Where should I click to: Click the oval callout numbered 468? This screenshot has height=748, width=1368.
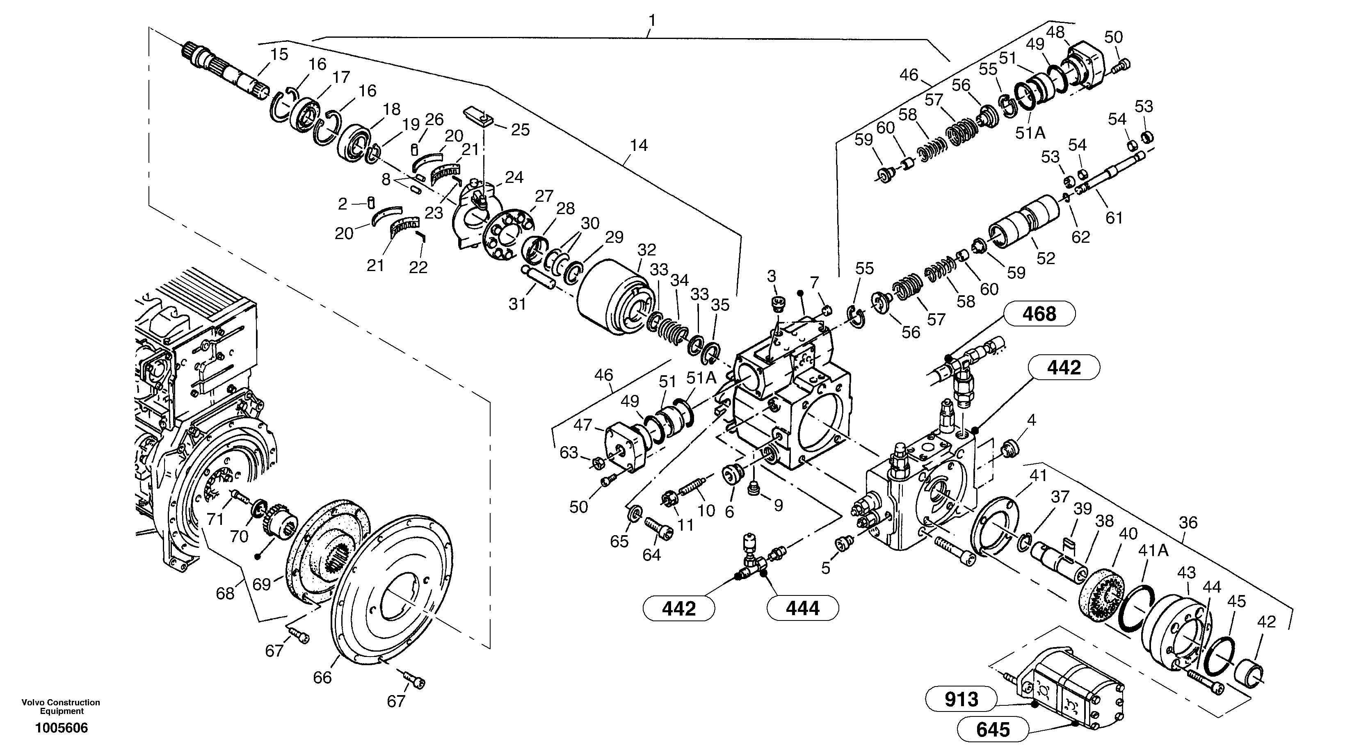[x=1039, y=314]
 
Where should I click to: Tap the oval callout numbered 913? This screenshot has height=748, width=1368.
[x=961, y=700]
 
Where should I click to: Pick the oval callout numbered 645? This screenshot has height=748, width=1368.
[x=993, y=730]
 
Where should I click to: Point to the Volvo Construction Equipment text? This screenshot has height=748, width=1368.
[x=61, y=707]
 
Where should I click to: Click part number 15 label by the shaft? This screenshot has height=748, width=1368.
[x=279, y=54]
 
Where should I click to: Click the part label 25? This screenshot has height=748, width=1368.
[x=520, y=130]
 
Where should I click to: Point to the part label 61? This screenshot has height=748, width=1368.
[x=1114, y=218]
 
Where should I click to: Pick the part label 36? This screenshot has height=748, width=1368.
[x=1188, y=523]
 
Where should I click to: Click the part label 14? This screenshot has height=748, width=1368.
[x=638, y=145]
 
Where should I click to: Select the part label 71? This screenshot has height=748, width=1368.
[x=215, y=519]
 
